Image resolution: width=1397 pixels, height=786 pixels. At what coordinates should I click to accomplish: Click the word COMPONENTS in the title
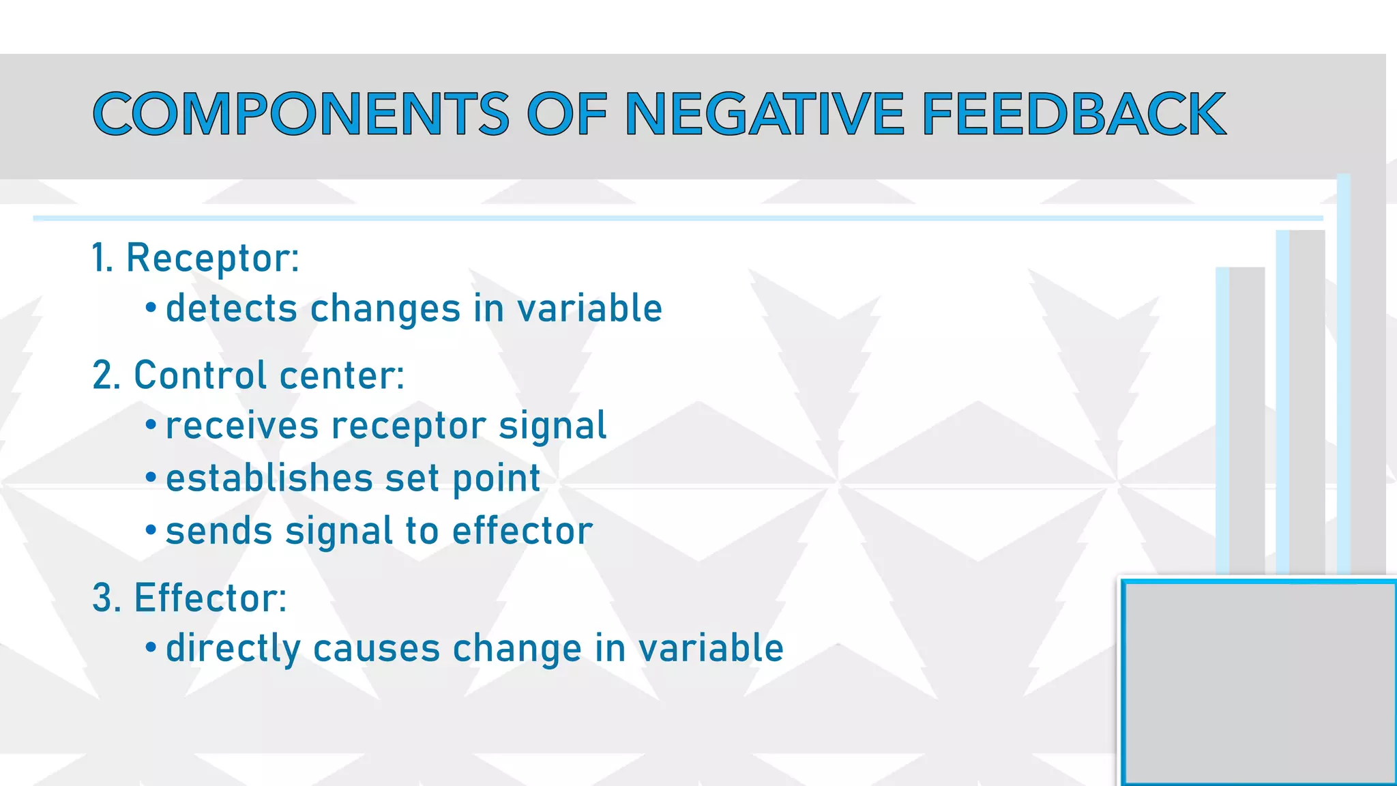tap(301, 114)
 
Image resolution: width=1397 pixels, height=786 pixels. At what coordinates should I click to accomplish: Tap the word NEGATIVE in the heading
tap(765, 114)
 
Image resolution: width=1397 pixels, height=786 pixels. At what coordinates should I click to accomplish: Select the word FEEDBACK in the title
tap(1074, 114)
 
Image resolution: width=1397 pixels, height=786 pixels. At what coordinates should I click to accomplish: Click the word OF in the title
tap(567, 114)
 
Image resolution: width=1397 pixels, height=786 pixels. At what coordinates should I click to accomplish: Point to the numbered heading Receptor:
tap(212, 259)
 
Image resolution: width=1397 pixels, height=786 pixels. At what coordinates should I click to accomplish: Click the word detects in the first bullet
tap(231, 308)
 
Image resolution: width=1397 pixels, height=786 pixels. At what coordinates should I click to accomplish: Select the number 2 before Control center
tap(102, 376)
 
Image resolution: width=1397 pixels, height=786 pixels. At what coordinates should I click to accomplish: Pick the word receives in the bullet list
tap(241, 426)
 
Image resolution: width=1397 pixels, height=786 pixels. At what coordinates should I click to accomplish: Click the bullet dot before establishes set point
tap(151, 478)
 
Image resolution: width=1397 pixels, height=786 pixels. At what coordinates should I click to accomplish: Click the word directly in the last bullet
tap(233, 648)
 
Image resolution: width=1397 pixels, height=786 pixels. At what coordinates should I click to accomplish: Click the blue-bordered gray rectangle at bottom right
tap(1259, 682)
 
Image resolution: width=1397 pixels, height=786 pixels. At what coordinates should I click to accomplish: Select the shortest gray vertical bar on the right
tap(1246, 420)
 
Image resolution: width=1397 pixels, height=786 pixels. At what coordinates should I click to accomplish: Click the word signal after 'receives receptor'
tap(553, 426)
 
